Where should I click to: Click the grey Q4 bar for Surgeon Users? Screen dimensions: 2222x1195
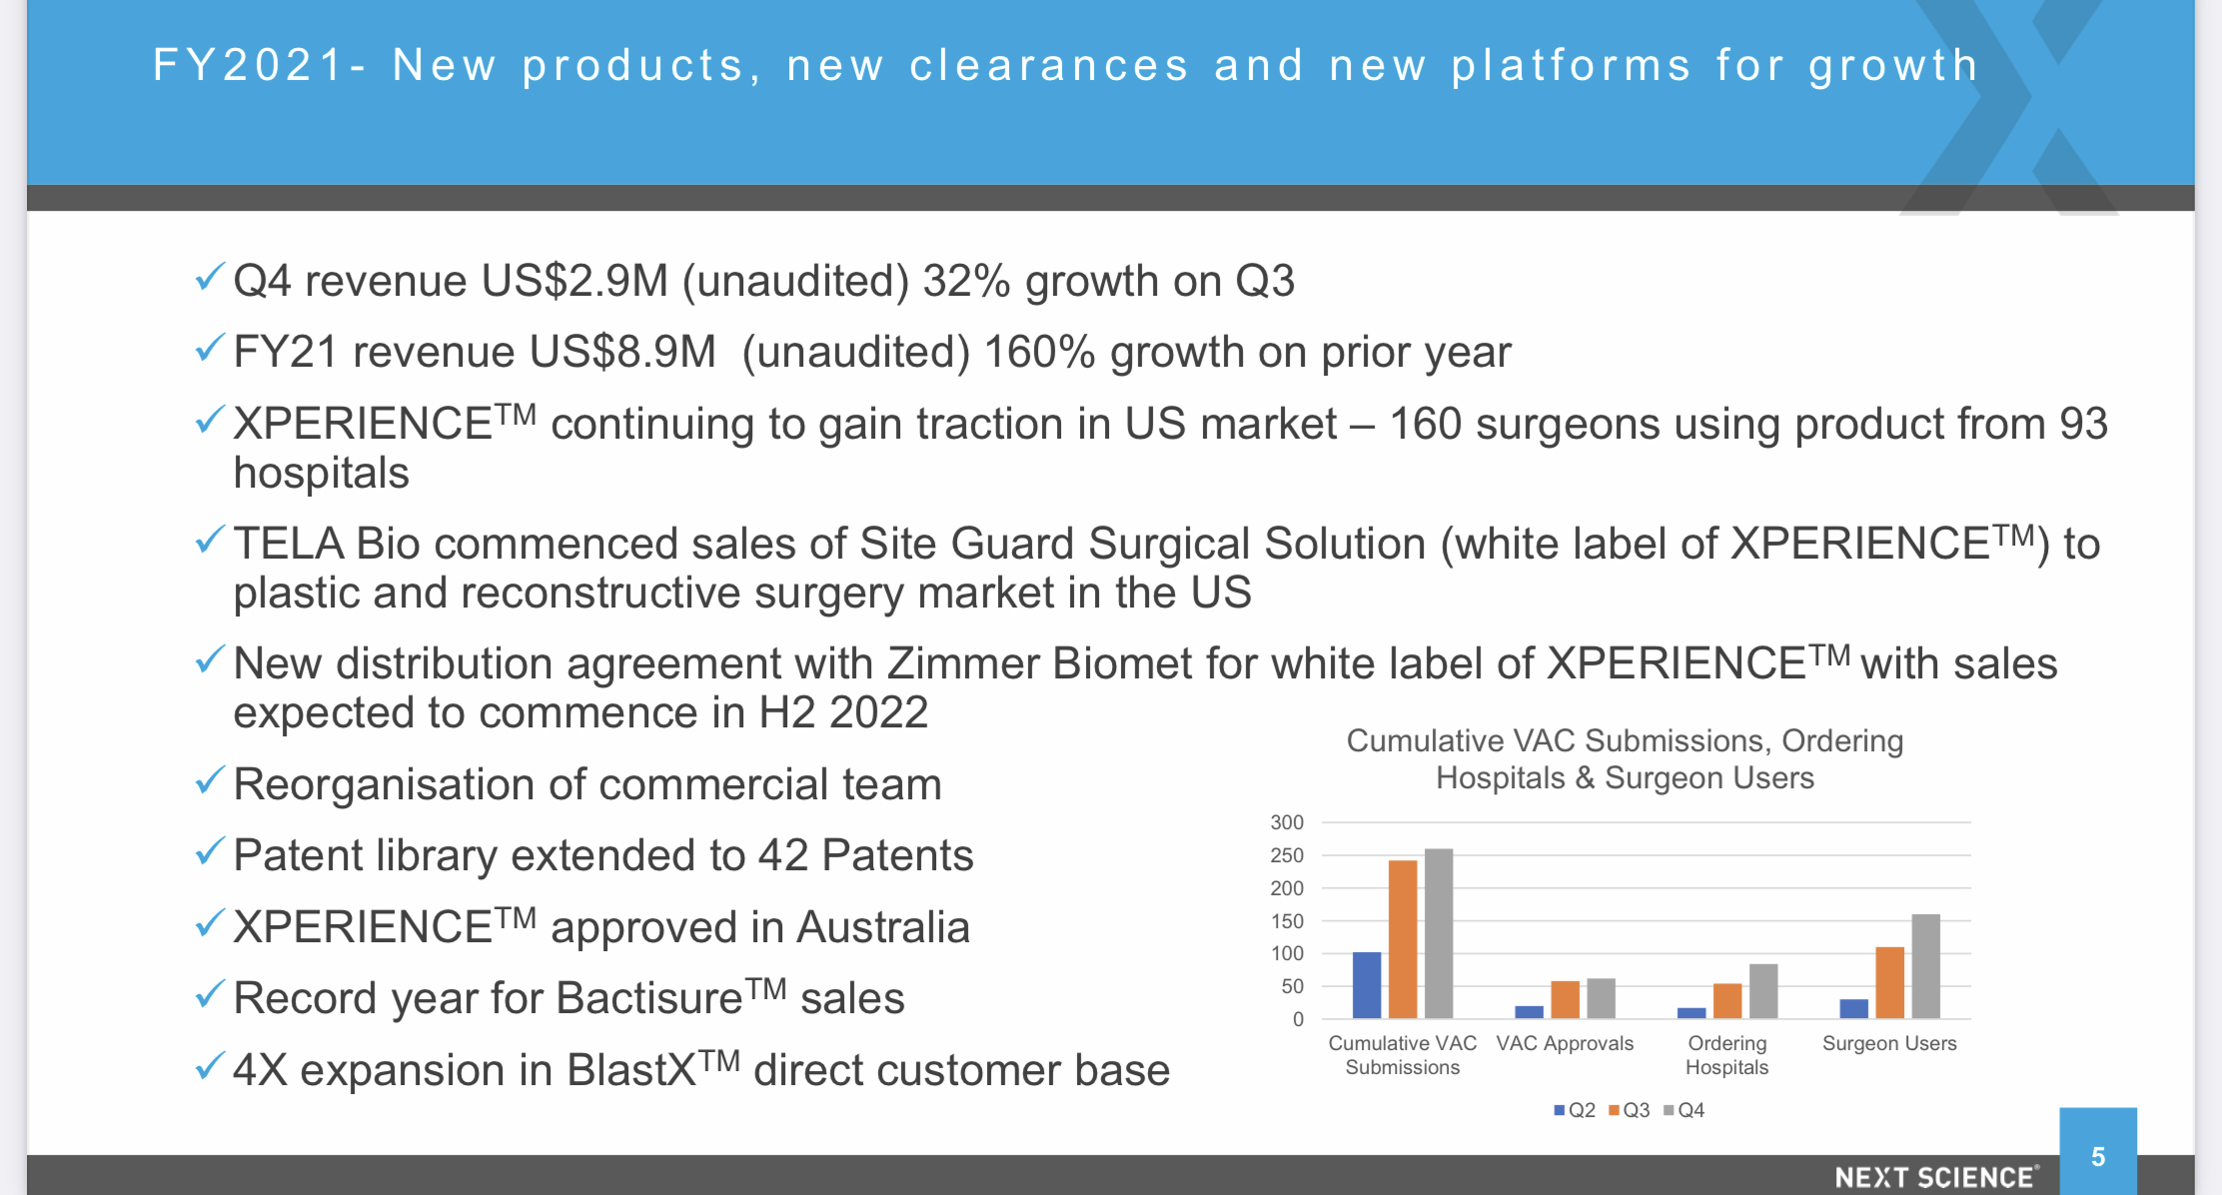(1925, 966)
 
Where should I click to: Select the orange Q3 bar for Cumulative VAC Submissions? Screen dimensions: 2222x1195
(1403, 939)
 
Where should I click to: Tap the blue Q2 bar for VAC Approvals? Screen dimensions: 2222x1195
(1529, 1012)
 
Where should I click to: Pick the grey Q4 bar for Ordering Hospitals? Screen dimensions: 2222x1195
(1763, 991)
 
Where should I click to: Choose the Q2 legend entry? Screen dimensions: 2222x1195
(1575, 1110)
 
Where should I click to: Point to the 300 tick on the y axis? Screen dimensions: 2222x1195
(1287, 822)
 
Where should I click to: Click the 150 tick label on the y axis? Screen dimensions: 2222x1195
(1287, 921)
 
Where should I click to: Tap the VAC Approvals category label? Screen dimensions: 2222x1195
(1565, 1043)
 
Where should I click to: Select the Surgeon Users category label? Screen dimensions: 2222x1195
(1889, 1043)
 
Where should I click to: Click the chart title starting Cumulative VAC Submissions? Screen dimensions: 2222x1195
(1625, 759)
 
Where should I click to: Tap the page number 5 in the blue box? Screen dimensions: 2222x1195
(2098, 1157)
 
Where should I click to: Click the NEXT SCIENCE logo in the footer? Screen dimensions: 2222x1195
(1936, 1178)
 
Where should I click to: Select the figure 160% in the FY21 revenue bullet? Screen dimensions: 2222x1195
(1040, 352)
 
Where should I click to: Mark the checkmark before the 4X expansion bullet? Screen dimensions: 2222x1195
(210, 1066)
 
